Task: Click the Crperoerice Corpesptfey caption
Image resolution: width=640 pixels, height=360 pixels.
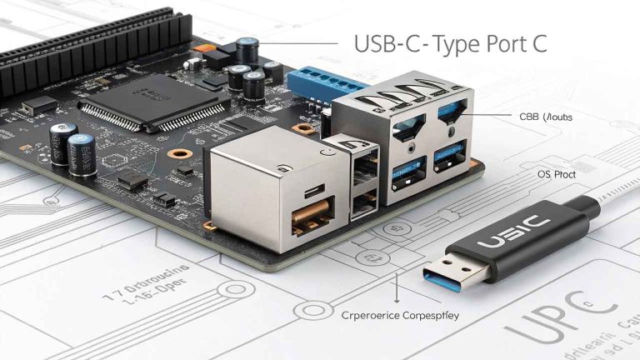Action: (400, 316)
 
